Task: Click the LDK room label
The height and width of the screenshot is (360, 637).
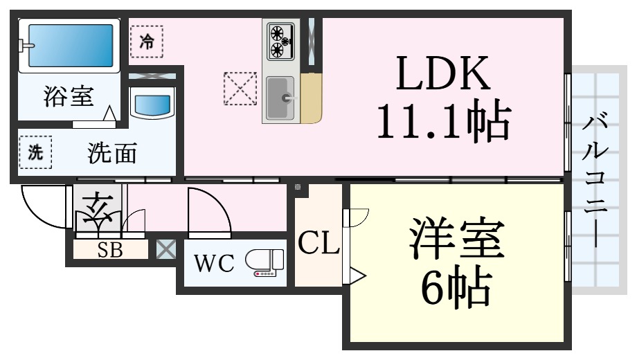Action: [443, 73]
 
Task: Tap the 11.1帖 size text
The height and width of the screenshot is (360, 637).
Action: [444, 120]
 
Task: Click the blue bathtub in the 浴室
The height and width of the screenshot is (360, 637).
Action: [71, 45]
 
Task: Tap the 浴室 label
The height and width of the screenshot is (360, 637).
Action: [69, 96]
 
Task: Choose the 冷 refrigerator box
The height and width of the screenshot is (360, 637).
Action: [147, 42]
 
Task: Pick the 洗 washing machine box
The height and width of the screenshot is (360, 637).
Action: [35, 152]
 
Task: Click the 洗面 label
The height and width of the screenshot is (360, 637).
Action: [112, 153]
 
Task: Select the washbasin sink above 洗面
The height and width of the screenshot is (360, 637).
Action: [152, 105]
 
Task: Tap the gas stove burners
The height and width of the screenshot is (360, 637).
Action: [280, 41]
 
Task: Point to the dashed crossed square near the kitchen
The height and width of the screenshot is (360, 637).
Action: [240, 89]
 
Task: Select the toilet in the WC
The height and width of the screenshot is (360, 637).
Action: [265, 262]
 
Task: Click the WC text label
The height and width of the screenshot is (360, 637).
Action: [214, 263]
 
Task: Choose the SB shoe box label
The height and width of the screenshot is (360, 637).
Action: [110, 250]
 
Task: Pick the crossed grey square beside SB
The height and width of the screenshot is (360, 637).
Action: [166, 249]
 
